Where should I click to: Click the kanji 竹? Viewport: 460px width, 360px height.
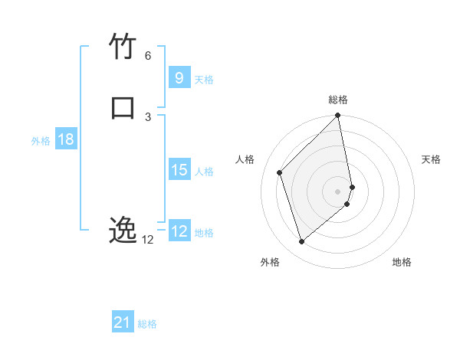[123, 47]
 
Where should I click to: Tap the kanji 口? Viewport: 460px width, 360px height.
[123, 106]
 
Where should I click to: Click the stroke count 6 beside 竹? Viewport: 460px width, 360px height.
[147, 56]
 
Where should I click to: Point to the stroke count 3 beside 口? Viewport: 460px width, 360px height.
[147, 116]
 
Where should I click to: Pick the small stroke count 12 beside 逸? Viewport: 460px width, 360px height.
[147, 240]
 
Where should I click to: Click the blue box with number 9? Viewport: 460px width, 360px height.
[179, 77]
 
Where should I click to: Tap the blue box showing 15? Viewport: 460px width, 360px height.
[179, 170]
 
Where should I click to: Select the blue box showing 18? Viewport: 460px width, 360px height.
[65, 139]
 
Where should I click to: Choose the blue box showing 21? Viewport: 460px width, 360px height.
[123, 322]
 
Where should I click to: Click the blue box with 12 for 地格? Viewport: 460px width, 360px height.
[179, 231]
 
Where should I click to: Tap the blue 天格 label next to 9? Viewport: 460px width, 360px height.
[204, 80]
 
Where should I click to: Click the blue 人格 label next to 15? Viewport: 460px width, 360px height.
[204, 172]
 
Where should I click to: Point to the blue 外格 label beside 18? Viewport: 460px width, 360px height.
[41, 141]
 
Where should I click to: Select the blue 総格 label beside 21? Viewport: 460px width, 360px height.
[147, 324]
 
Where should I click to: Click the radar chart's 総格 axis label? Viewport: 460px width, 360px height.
[338, 100]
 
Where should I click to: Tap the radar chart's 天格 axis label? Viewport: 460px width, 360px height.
[431, 159]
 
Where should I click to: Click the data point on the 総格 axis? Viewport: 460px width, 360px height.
[338, 116]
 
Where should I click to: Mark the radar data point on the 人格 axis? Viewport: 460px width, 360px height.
[280, 172]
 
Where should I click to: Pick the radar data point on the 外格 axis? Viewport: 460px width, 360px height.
[302, 242]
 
